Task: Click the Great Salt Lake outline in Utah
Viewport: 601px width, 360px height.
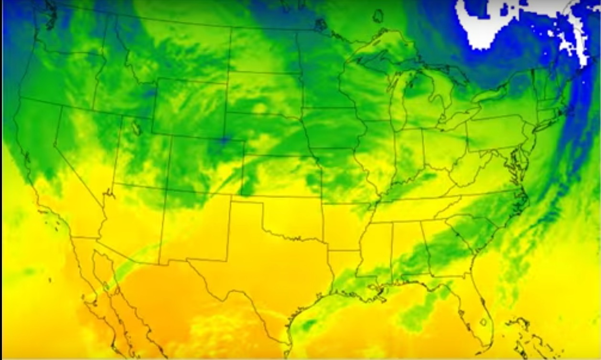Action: tap(136, 128)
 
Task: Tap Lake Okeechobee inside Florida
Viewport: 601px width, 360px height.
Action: tap(483, 322)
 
